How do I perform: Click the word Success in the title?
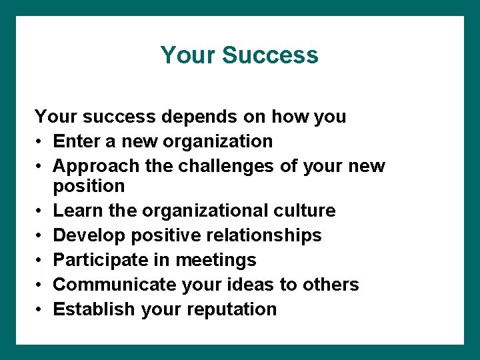click(270, 55)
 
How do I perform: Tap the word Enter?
click(75, 141)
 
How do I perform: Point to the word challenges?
click(225, 166)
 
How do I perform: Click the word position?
click(89, 186)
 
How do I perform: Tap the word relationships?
click(260, 235)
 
